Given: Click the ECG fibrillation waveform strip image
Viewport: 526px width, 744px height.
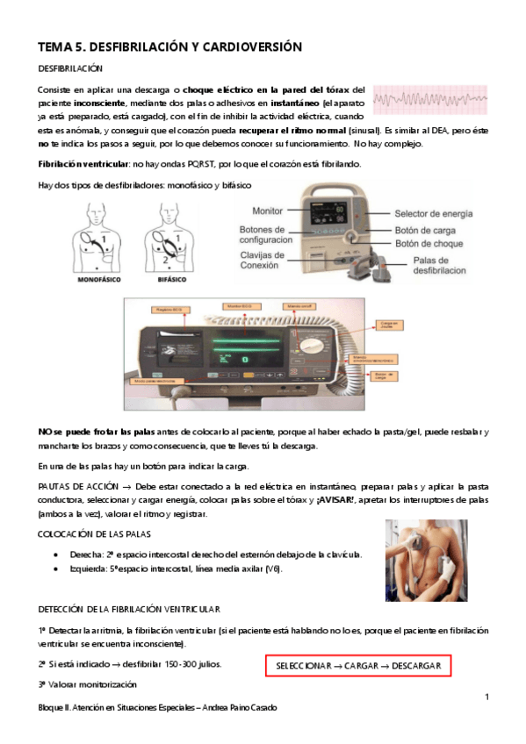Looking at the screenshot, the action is (430, 101).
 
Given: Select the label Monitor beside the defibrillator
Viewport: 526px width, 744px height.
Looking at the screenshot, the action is (267, 211).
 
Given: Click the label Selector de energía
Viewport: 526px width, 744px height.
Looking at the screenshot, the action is (433, 213).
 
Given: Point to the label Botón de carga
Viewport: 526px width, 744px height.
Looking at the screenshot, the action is (424, 230).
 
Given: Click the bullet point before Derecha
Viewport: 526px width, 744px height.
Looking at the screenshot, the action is (57, 555).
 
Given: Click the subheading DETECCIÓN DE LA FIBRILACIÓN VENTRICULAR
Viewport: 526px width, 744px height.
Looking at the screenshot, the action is (129, 608).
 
